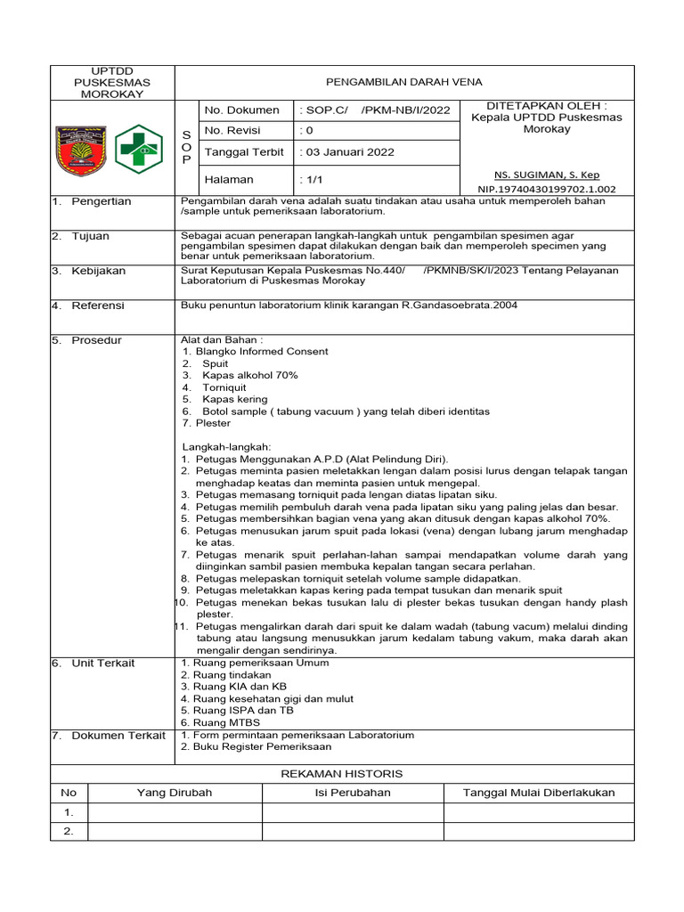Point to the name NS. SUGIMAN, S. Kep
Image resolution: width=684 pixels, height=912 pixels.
547,175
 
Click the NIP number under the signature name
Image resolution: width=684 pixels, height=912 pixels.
547,189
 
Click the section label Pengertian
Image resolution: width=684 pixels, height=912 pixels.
102,201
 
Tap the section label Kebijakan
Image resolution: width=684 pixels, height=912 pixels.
99,271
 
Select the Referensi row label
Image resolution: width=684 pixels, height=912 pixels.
98,305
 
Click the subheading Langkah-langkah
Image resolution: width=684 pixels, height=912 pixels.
226,446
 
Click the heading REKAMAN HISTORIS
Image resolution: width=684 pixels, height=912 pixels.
342,774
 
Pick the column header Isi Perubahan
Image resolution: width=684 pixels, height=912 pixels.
353,793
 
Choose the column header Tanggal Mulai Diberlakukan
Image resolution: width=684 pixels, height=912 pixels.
539,793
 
